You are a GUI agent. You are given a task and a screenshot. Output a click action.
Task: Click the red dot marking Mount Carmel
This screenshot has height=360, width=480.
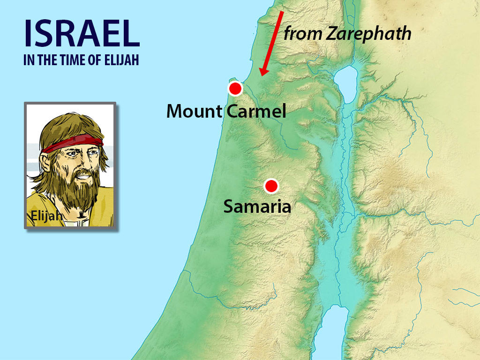coord(235,88)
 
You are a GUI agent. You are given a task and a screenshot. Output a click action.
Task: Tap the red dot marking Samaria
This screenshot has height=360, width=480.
coord(270,186)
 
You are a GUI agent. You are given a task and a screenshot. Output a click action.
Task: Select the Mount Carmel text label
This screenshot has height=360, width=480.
coord(226,112)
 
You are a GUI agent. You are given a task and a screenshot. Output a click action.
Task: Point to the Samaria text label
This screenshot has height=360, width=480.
coord(257,206)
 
